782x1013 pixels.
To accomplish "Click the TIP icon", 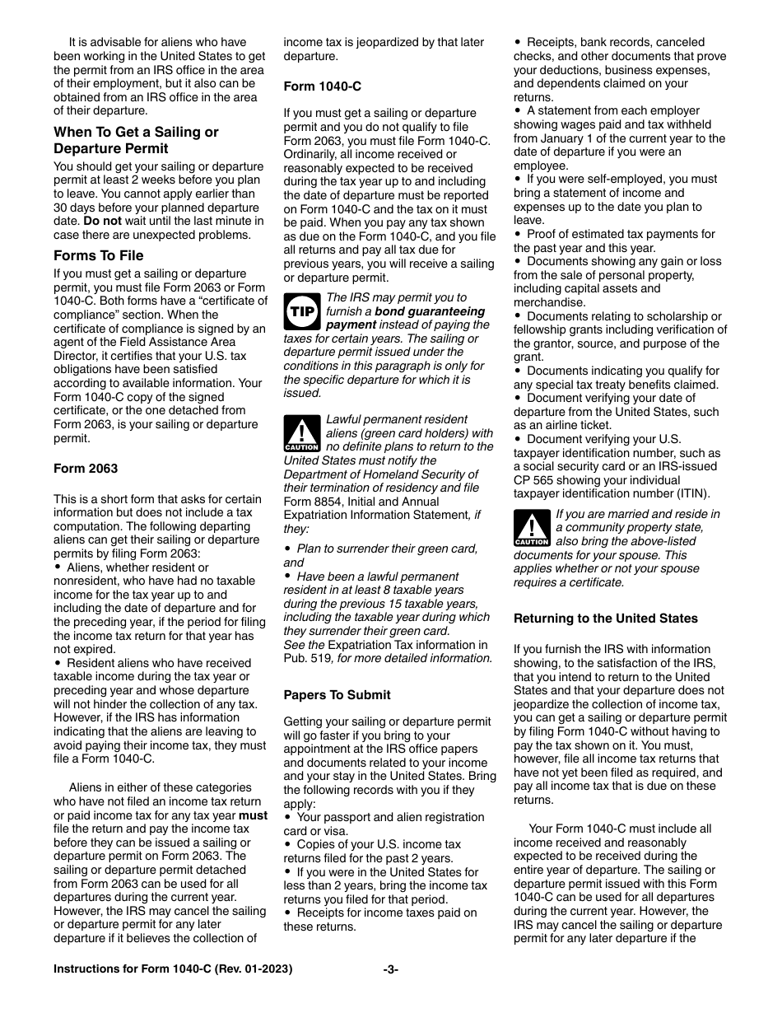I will tap(301, 312).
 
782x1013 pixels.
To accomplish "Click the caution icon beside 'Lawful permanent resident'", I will tap(301, 434).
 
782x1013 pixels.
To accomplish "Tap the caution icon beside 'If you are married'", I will tap(531, 528).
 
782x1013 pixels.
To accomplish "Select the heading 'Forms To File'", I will tap(98, 255).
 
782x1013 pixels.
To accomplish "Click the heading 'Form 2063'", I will tap(86, 469).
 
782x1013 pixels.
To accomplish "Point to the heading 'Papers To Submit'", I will tap(337, 695).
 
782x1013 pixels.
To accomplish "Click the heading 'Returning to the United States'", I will tap(606, 619).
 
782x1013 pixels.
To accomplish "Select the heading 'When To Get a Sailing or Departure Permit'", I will tap(136, 140).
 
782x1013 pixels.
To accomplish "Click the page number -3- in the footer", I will tap(391, 969).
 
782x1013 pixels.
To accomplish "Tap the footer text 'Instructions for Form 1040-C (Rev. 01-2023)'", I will tap(173, 969).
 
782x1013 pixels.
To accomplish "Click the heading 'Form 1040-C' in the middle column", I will tap(323, 86).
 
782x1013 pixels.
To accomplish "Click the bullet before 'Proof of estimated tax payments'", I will tap(519, 234).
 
